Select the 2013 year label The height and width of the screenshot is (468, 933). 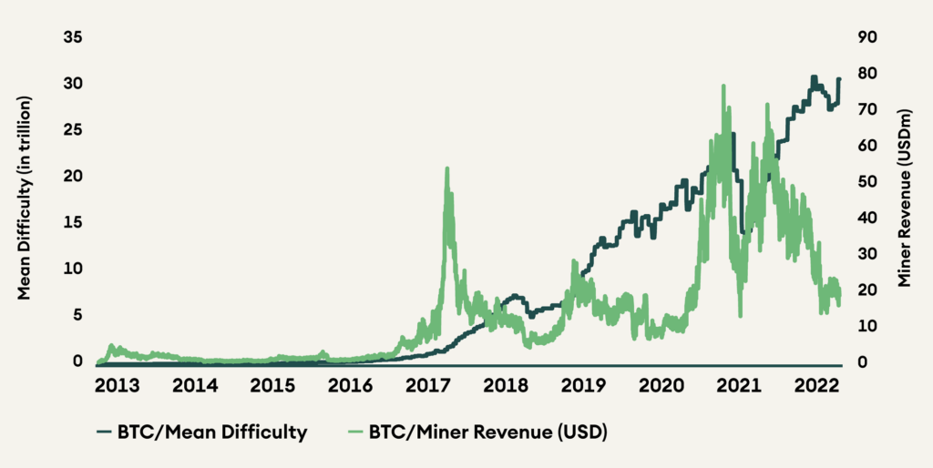[116, 386]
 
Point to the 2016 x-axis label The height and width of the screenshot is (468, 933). [349, 386]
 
